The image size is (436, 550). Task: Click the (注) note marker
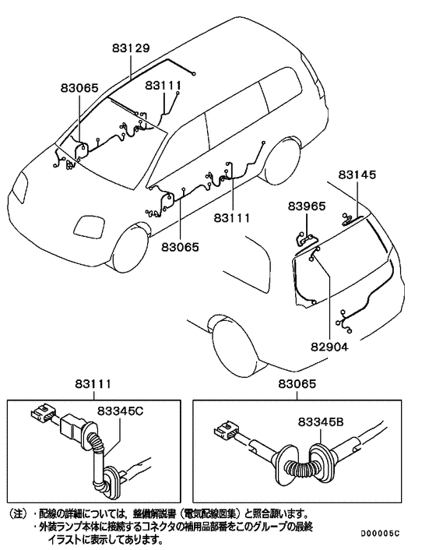point(17,514)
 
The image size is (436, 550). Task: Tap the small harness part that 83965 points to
point(306,235)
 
